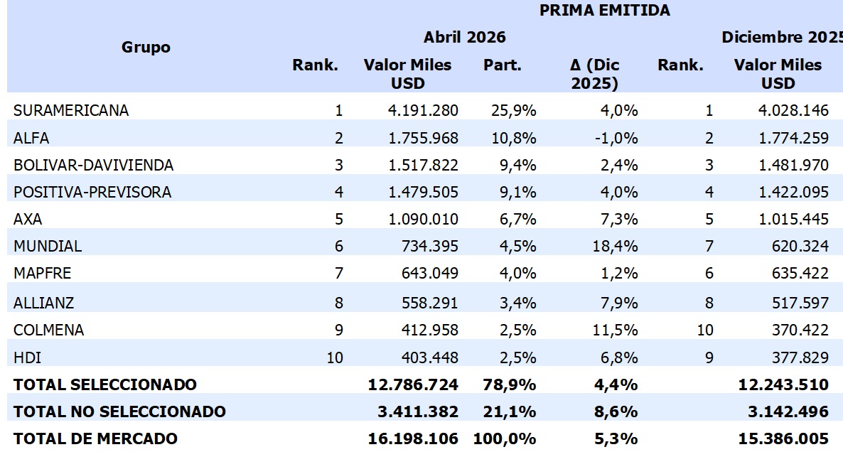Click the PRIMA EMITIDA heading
tap(604, 10)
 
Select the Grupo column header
tap(146, 48)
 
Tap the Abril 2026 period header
tap(465, 37)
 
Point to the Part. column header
tap(502, 65)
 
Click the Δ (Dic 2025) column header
tap(595, 74)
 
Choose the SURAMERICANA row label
tap(71, 110)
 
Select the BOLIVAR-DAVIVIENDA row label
tap(94, 165)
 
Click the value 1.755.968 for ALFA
tap(423, 138)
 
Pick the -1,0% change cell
tap(616, 138)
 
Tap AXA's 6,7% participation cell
tap(517, 220)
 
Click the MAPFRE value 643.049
tap(429, 273)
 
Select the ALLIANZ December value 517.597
tap(800, 303)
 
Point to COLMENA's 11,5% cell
tap(615, 330)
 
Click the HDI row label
tap(28, 357)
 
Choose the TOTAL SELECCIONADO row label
tap(105, 384)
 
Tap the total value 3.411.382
tap(418, 411)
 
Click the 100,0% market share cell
tap(504, 438)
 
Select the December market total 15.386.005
tap(783, 438)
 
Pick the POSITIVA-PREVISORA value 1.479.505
tap(423, 192)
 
